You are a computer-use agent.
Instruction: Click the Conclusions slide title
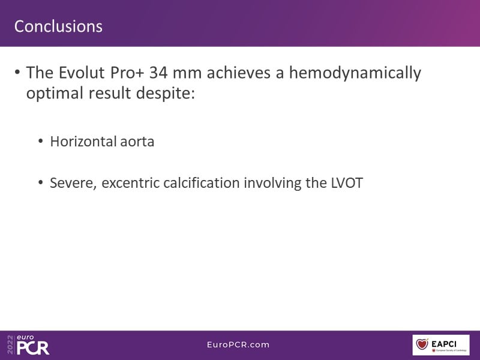pyautogui.click(x=58, y=26)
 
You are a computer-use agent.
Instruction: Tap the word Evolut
pyautogui.click(x=82, y=73)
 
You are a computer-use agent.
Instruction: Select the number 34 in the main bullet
pyautogui.click(x=158, y=73)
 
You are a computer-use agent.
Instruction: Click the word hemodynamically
pyautogui.click(x=355, y=73)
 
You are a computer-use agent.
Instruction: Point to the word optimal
pyautogui.click(x=55, y=93)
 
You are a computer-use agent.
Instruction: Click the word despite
pyautogui.click(x=166, y=93)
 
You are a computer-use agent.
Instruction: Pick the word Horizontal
pyautogui.click(x=83, y=142)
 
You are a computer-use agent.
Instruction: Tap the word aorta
pyautogui.click(x=137, y=142)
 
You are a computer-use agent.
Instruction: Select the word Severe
pyautogui.click(x=73, y=183)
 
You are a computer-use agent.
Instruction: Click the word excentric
pyautogui.click(x=130, y=183)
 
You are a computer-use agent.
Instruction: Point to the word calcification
pyautogui.click(x=202, y=183)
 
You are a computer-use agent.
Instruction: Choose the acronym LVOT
pyautogui.click(x=347, y=183)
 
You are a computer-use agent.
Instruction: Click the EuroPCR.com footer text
pyautogui.click(x=238, y=344)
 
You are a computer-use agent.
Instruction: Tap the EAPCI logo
pyautogui.click(x=441, y=345)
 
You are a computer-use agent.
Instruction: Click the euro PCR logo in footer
pyautogui.click(x=28, y=345)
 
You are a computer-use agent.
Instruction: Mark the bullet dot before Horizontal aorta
pyautogui.click(x=41, y=142)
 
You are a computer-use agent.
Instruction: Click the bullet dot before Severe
pyautogui.click(x=41, y=183)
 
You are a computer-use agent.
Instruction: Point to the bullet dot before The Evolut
pyautogui.click(x=17, y=73)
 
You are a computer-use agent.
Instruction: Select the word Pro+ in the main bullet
pyautogui.click(x=127, y=73)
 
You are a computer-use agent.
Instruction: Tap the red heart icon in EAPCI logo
pyautogui.click(x=422, y=344)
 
